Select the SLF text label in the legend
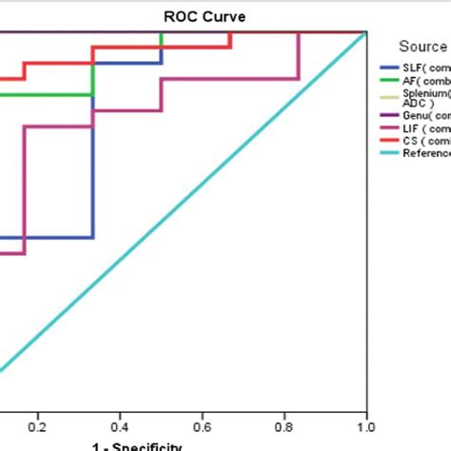[x=413, y=69]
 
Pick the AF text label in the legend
[x=410, y=83]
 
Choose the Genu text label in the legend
[x=416, y=115]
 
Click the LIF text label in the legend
[x=411, y=128]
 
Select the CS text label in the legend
[x=410, y=141]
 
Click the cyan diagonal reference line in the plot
[x=190, y=199]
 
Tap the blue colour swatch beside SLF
[x=389, y=69]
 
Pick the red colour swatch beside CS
[x=389, y=141]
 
